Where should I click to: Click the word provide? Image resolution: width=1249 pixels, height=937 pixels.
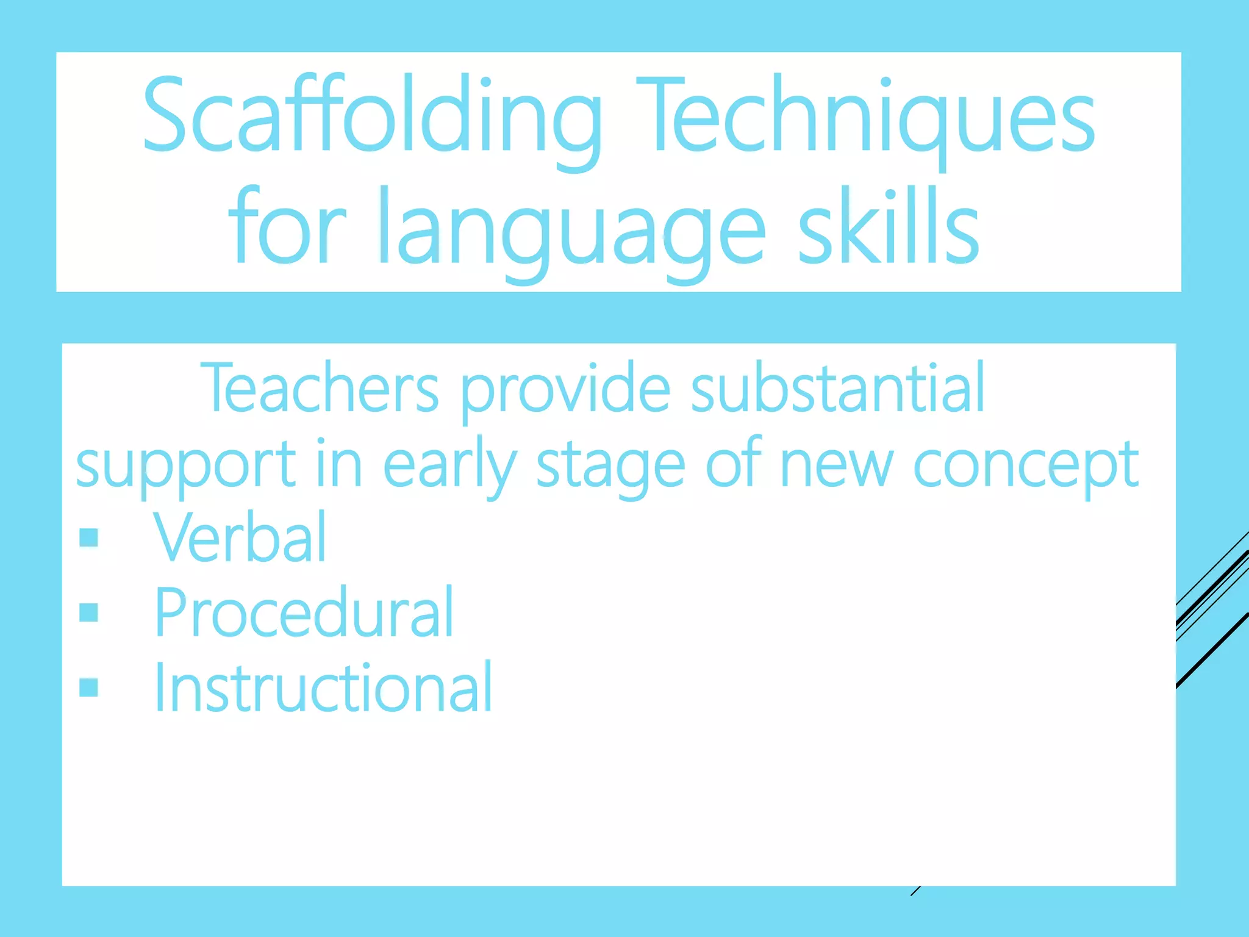565,390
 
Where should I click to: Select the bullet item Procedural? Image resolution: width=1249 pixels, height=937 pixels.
304,612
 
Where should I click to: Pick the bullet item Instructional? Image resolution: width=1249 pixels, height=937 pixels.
323,687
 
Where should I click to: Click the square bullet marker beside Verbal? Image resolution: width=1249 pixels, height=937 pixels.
89,537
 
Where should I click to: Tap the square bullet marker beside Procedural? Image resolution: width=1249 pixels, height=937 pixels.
89,612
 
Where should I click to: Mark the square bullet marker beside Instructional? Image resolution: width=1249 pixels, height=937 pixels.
89,687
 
